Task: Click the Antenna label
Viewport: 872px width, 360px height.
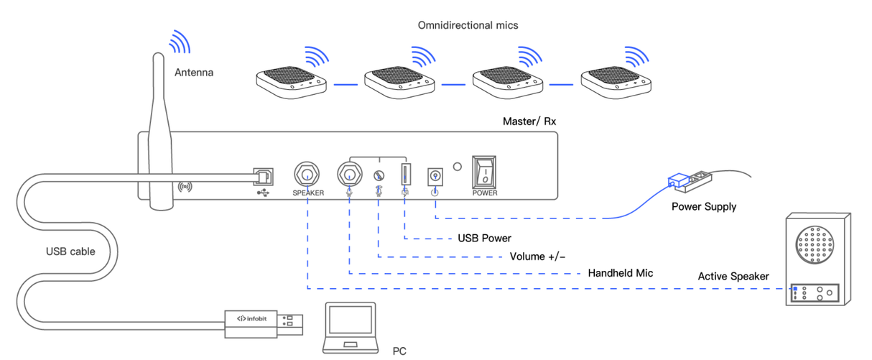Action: [194, 73]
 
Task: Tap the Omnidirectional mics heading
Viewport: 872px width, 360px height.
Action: [468, 25]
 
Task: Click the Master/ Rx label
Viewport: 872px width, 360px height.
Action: [529, 121]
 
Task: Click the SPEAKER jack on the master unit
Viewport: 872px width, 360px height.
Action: [307, 173]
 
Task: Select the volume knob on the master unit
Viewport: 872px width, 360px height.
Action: [379, 175]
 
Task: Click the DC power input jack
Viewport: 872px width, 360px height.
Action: [435, 175]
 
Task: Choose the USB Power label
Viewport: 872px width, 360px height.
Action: [484, 238]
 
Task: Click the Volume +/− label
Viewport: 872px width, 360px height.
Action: [537, 257]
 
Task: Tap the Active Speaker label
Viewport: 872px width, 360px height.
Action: [733, 277]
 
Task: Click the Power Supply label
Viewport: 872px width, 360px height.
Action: [703, 207]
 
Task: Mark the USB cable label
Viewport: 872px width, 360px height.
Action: [70, 251]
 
